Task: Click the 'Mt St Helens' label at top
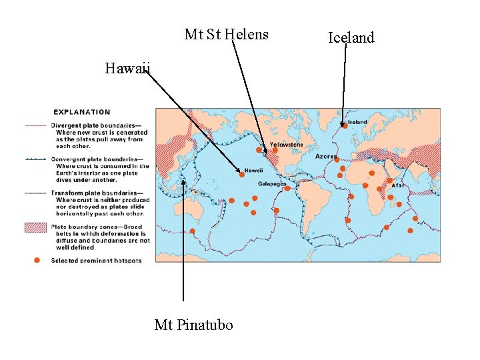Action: coord(226,34)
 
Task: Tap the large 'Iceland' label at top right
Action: coord(351,38)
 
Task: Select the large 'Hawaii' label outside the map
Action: coord(128,68)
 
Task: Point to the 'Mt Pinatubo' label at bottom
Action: coord(194,325)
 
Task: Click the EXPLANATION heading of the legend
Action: coord(82,112)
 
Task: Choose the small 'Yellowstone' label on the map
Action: coord(286,145)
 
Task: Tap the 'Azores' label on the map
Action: coord(326,157)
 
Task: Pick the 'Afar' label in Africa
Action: coord(398,185)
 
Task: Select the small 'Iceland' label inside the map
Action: coord(357,123)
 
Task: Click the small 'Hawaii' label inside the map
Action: coord(253,171)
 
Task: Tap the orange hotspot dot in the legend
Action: coord(37,259)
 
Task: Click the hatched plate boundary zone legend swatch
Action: coord(36,228)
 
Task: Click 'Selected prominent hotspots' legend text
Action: coord(97,260)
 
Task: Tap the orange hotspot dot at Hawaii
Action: coord(242,174)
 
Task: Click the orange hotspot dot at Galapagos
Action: coord(287,189)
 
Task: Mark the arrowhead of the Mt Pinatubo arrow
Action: coord(183,179)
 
